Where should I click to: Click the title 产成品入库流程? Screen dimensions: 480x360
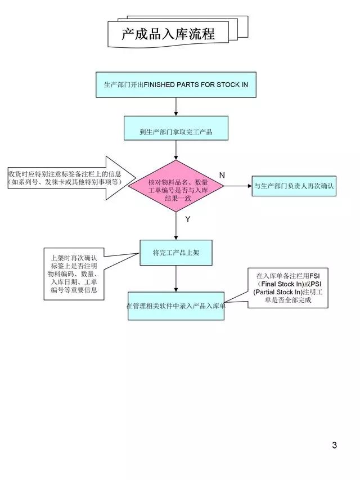tap(168, 34)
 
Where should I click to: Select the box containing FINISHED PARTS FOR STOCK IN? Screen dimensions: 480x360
tap(176, 84)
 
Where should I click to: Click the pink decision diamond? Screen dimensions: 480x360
tap(176, 186)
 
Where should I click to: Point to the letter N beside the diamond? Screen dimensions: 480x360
tap(222, 176)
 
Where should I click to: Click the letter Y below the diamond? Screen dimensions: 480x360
tap(188, 219)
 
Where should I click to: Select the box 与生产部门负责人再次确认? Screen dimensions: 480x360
tap(294, 186)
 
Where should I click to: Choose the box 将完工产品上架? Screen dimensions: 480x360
tap(176, 253)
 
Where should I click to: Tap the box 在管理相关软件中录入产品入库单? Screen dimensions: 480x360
tap(176, 306)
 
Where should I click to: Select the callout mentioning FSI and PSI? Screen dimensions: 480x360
tap(288, 288)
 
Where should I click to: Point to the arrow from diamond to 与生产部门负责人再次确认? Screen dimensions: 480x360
tap(237, 186)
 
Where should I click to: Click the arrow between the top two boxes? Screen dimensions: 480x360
tap(176, 106)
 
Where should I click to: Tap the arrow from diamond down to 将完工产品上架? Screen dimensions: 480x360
tap(176, 226)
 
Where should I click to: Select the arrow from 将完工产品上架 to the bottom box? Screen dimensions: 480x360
tap(176, 279)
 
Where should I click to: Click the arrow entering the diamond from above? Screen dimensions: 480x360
tap(176, 150)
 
